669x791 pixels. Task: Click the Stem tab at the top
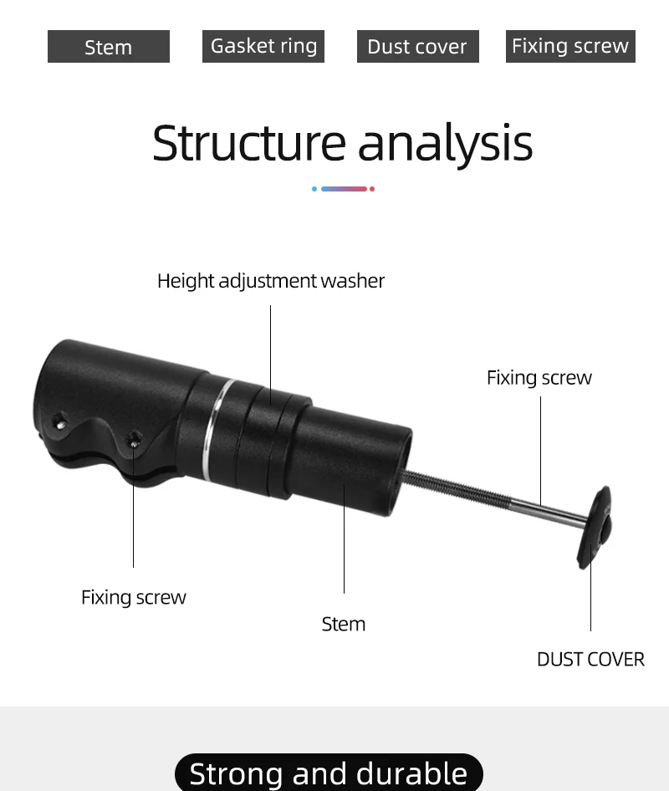click(109, 47)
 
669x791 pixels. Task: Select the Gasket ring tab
click(263, 46)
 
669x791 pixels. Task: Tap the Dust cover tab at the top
click(417, 47)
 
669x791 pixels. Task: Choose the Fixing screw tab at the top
click(570, 46)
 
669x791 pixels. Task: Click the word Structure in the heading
click(249, 143)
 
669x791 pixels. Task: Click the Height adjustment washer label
click(271, 281)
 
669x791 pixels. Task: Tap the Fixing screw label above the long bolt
click(539, 378)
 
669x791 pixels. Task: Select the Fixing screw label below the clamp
click(134, 597)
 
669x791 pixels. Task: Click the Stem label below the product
click(344, 624)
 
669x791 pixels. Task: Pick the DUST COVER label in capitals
click(590, 659)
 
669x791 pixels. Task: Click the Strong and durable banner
click(329, 773)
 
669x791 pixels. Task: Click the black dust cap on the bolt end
click(595, 527)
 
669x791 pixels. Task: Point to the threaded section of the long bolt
click(456, 488)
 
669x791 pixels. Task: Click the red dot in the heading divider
click(372, 189)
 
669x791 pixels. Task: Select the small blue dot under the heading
click(314, 189)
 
